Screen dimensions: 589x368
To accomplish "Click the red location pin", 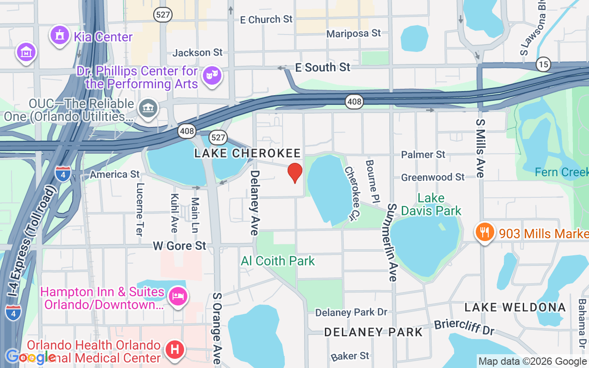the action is point(295,172).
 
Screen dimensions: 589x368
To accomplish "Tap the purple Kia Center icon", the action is point(59,36).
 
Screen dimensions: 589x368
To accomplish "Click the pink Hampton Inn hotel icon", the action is point(177,296).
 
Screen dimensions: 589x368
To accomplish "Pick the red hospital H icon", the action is point(175,350).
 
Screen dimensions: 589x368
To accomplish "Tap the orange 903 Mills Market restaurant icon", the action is point(485,232).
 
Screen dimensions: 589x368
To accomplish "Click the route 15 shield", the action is point(543,64).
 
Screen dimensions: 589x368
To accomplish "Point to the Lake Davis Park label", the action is point(431,205).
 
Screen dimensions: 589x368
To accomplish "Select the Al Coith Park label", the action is point(278,261).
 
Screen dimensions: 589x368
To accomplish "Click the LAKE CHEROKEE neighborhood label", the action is point(248,153).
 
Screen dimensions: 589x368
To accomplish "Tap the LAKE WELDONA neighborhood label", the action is point(515,307).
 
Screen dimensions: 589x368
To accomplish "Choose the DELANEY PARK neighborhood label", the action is point(373,332).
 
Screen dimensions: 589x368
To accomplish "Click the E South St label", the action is point(323,67).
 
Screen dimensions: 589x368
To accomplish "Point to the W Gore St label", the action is point(179,246).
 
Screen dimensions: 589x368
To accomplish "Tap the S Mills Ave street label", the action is point(480,148).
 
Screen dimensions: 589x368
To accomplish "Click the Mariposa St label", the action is point(353,33).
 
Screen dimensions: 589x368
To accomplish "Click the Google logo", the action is point(30,356).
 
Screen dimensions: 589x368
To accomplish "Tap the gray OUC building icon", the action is point(149,109).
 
